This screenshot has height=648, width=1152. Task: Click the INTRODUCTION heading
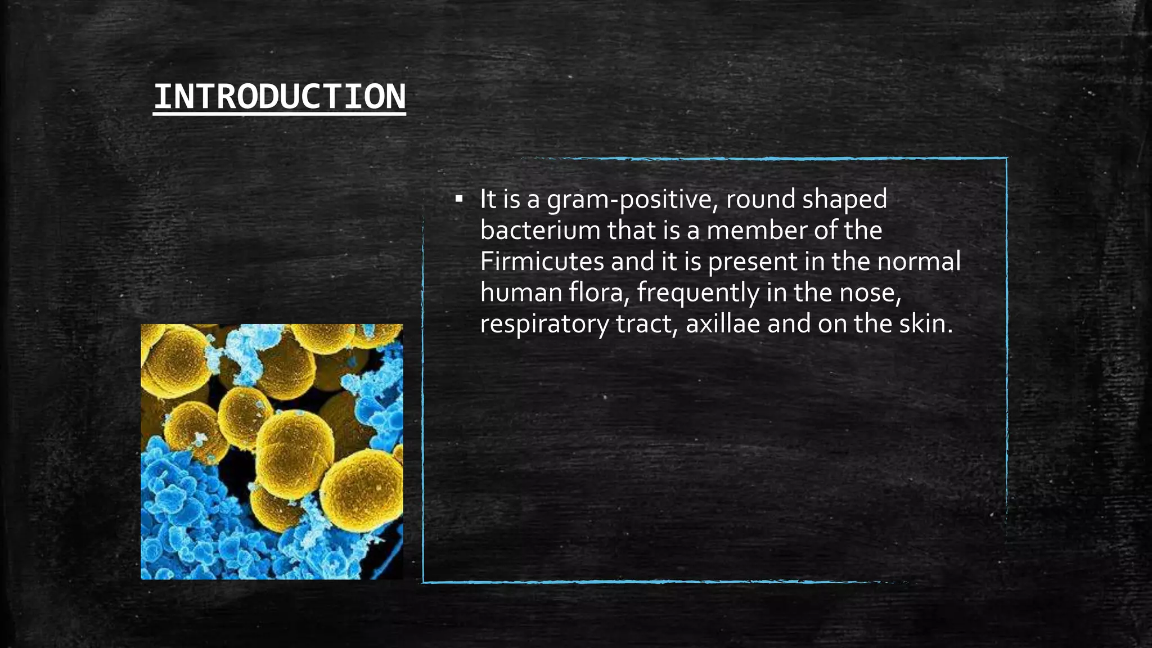[279, 97]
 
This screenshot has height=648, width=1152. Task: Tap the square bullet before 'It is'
[459, 199]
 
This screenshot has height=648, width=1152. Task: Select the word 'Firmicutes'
[541, 262]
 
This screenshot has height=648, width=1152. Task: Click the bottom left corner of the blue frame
[424, 582]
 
